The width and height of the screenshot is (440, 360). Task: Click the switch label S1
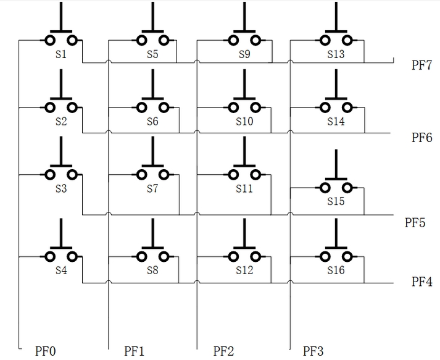[x=60, y=54]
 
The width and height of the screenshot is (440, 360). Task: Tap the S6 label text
[x=152, y=121]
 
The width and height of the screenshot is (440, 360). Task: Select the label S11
[x=244, y=188]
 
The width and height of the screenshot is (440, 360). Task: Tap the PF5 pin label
[x=414, y=222]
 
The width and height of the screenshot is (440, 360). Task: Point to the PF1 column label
[x=134, y=351]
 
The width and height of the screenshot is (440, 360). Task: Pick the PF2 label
[x=223, y=351]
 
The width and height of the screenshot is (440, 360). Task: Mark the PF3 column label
[x=313, y=351]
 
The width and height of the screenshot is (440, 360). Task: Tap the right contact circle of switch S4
[x=73, y=256]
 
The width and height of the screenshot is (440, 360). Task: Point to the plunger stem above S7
[x=152, y=151]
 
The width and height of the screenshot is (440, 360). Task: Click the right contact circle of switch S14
[x=347, y=107]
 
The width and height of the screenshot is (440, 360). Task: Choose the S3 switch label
[x=60, y=188]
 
